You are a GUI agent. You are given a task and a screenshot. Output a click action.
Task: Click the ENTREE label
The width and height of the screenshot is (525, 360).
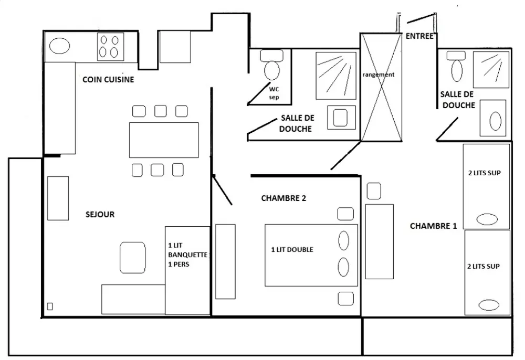coord(419,36)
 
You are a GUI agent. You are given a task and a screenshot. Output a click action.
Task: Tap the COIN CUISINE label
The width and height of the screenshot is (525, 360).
coord(108,80)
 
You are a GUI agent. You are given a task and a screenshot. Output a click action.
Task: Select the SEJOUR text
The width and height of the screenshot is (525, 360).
coord(100,214)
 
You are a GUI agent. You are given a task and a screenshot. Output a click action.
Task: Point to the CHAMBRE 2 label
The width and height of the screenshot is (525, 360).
coord(283,198)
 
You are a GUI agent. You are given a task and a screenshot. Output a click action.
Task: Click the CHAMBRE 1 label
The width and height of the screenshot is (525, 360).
coord(433,226)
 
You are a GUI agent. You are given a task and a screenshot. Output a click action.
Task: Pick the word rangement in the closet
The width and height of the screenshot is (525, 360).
coord(378,75)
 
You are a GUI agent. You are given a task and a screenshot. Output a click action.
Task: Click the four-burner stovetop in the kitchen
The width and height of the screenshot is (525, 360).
coord(110,46)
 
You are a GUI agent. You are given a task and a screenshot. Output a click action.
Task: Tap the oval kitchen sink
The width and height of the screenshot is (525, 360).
coord(59,46)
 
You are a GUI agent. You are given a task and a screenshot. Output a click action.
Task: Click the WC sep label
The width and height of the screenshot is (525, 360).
coord(274,92)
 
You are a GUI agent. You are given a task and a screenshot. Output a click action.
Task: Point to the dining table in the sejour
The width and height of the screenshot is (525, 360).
coord(164,140)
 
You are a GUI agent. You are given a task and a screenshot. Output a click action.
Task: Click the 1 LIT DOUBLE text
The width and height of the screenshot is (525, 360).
coord(292,250)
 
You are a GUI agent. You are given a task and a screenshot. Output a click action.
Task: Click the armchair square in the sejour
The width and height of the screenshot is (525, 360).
coord(132,257)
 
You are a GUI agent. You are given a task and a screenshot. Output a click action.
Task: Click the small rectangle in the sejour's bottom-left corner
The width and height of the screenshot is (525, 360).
coord(50,306)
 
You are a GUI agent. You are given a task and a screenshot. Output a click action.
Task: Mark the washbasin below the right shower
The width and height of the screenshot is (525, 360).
coord(495,120)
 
